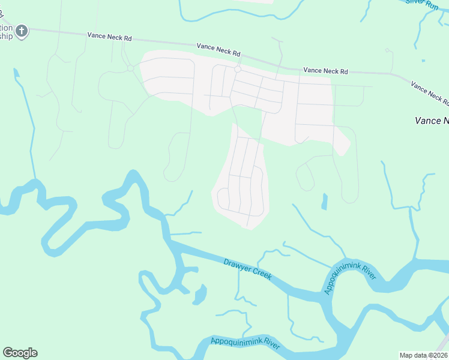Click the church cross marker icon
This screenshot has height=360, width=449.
22,31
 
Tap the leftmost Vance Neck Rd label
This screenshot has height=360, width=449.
109,37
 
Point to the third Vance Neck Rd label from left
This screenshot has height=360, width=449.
325,71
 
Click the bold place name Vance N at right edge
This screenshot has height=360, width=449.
432,121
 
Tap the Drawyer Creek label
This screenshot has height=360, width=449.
247,269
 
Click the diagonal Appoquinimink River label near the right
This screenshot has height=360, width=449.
350,278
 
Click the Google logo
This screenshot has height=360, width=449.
20,353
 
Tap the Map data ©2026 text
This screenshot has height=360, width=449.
424,355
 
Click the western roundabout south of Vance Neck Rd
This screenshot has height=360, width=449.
130,68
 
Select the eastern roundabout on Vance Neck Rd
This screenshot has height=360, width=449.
238,70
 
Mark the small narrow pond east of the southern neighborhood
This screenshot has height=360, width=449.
324,202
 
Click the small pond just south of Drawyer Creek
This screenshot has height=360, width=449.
199,294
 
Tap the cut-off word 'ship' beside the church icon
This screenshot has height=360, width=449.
6,36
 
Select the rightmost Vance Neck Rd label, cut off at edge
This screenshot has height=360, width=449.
430,92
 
